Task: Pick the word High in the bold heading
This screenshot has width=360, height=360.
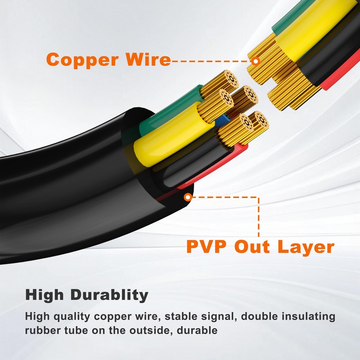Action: pos(45,295)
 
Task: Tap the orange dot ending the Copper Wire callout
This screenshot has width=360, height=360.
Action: pos(256,60)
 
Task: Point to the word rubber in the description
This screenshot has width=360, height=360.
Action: pos(41,331)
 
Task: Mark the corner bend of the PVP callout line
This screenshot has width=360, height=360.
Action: pos(259,197)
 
